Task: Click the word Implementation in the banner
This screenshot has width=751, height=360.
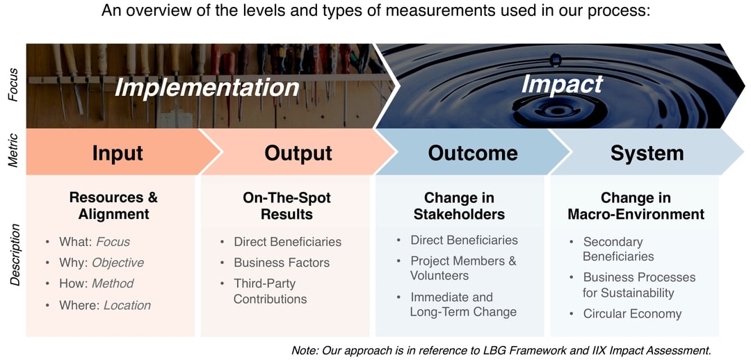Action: coord(207,88)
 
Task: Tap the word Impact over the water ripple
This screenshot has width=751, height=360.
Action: coord(562,83)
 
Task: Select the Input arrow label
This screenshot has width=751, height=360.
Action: coord(118,153)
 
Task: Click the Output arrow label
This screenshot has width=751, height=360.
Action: coord(298,153)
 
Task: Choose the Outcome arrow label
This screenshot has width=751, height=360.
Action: coord(473,153)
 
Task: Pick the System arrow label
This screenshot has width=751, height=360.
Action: coord(647,153)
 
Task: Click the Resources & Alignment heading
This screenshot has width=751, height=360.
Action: coord(113,206)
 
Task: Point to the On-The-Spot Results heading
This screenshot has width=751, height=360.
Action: coord(286,206)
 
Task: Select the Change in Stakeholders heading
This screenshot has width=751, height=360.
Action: coord(459,206)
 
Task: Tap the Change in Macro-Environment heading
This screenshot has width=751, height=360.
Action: coord(636,206)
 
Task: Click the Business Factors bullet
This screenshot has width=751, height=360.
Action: coord(281,263)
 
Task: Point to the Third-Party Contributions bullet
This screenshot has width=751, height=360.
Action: coord(270,291)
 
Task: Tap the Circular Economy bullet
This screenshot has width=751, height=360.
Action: coord(632,313)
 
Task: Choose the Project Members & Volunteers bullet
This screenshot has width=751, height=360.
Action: coord(462,268)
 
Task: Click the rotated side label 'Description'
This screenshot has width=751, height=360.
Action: coord(15,254)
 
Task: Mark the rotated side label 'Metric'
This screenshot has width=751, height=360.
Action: coord(13,152)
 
